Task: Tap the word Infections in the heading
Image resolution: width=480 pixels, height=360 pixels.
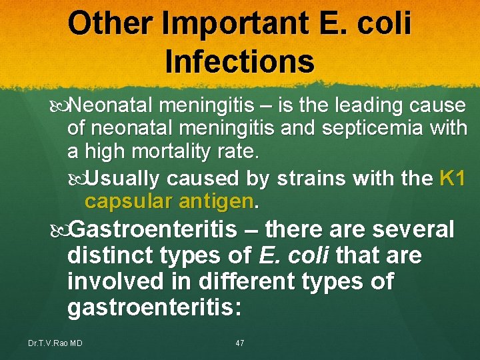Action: pos(239,61)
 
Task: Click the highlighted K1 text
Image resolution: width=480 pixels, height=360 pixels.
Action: pos(453,179)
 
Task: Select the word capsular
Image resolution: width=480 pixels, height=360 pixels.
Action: pos(124,201)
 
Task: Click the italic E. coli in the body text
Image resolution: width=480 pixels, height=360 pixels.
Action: pos(294,255)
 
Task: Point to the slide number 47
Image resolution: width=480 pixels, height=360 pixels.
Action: pos(240,343)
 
